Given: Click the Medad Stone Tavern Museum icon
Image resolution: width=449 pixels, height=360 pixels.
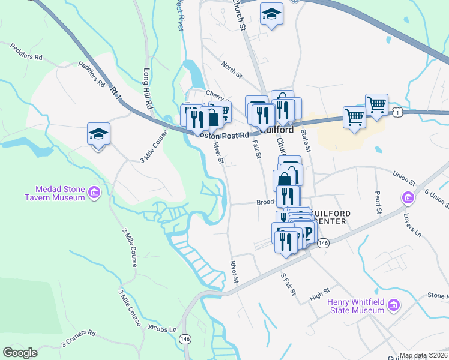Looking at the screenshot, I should [94, 193].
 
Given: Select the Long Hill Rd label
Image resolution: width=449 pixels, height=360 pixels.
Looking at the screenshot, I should [148, 88].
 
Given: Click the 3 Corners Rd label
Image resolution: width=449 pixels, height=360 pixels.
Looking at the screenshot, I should [78, 338].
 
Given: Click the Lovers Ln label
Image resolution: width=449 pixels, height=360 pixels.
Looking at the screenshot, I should [411, 222].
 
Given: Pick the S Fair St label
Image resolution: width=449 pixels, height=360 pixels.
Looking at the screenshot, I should [289, 283].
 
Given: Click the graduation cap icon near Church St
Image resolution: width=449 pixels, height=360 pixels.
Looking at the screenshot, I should [272, 14].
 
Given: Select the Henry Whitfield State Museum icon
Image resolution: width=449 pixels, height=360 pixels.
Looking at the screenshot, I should [394, 307].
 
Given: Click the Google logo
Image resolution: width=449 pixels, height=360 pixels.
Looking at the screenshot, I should [20, 353].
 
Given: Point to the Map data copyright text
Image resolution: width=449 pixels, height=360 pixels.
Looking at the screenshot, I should [423, 355].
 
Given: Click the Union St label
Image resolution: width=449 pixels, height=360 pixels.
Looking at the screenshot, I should [404, 179].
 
